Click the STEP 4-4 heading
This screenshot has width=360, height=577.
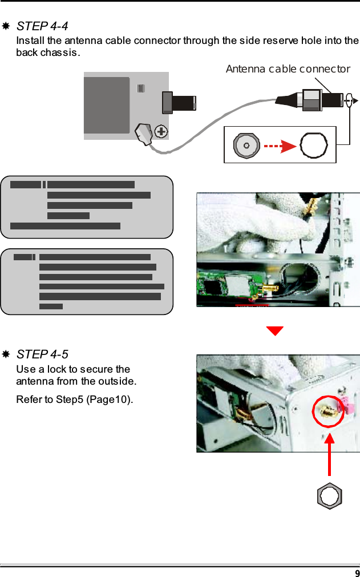(x=42, y=26)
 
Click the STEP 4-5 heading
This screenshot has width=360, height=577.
(x=42, y=355)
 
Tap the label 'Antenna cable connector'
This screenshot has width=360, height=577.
(x=288, y=69)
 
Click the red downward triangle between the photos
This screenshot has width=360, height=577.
(x=275, y=331)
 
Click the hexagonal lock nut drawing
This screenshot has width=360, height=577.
(x=329, y=495)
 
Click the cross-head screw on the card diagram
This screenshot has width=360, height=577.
(x=162, y=132)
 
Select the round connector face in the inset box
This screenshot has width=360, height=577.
(x=246, y=146)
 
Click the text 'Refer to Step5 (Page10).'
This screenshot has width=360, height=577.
(x=75, y=398)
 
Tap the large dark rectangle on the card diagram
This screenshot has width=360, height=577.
(x=107, y=106)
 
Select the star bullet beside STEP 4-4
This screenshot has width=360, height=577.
(x=6, y=26)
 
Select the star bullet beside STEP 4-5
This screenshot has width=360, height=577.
(x=6, y=355)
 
